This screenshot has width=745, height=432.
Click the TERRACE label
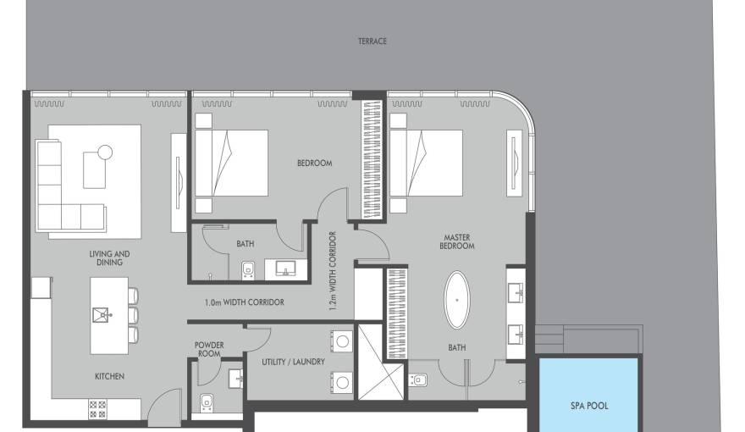click(x=372, y=42)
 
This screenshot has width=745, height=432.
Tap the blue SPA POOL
click(x=588, y=395)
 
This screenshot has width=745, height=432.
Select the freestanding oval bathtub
click(x=456, y=300)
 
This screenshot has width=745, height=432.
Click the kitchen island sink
click(x=102, y=314)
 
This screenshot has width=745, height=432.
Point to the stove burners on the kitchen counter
click(x=97, y=409)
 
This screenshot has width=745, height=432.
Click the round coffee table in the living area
click(x=105, y=152)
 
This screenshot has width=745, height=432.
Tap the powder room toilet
click(x=207, y=402)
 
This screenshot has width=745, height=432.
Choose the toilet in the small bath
click(x=248, y=270)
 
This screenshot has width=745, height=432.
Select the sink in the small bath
click(x=285, y=268)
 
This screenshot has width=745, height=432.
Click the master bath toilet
click(x=417, y=380)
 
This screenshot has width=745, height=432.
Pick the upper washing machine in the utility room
click(x=342, y=341)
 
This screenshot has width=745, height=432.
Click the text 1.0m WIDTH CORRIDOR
click(x=244, y=302)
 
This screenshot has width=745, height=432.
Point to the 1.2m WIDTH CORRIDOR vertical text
click(x=332, y=271)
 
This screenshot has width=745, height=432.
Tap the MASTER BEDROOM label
click(x=456, y=241)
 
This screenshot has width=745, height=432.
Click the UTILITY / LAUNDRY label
click(x=293, y=363)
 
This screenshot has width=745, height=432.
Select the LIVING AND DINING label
click(x=109, y=258)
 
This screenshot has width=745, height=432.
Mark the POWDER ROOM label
click(x=209, y=349)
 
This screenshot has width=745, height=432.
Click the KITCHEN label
click(x=109, y=376)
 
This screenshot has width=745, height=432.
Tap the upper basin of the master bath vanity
click(x=516, y=290)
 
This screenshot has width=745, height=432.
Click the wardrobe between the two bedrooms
click(x=372, y=160)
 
